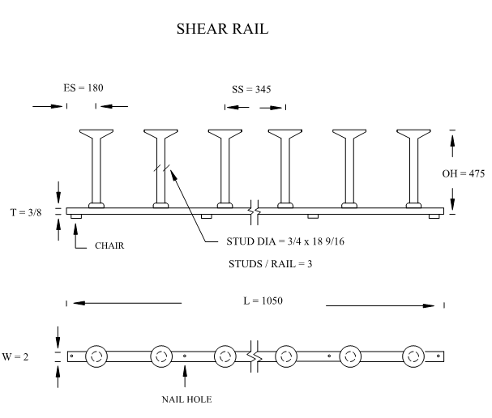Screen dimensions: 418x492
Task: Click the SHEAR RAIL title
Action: point(222,30)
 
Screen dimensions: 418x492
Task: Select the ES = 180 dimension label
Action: point(83,87)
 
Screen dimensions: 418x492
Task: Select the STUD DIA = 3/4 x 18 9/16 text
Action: point(285,241)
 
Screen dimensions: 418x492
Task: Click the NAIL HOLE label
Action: point(186,399)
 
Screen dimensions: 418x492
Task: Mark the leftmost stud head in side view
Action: point(96,133)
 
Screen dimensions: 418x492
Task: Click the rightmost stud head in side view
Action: point(414,133)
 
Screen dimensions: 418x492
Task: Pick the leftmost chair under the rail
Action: point(75,216)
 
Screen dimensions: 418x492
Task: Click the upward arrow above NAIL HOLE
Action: point(186,375)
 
